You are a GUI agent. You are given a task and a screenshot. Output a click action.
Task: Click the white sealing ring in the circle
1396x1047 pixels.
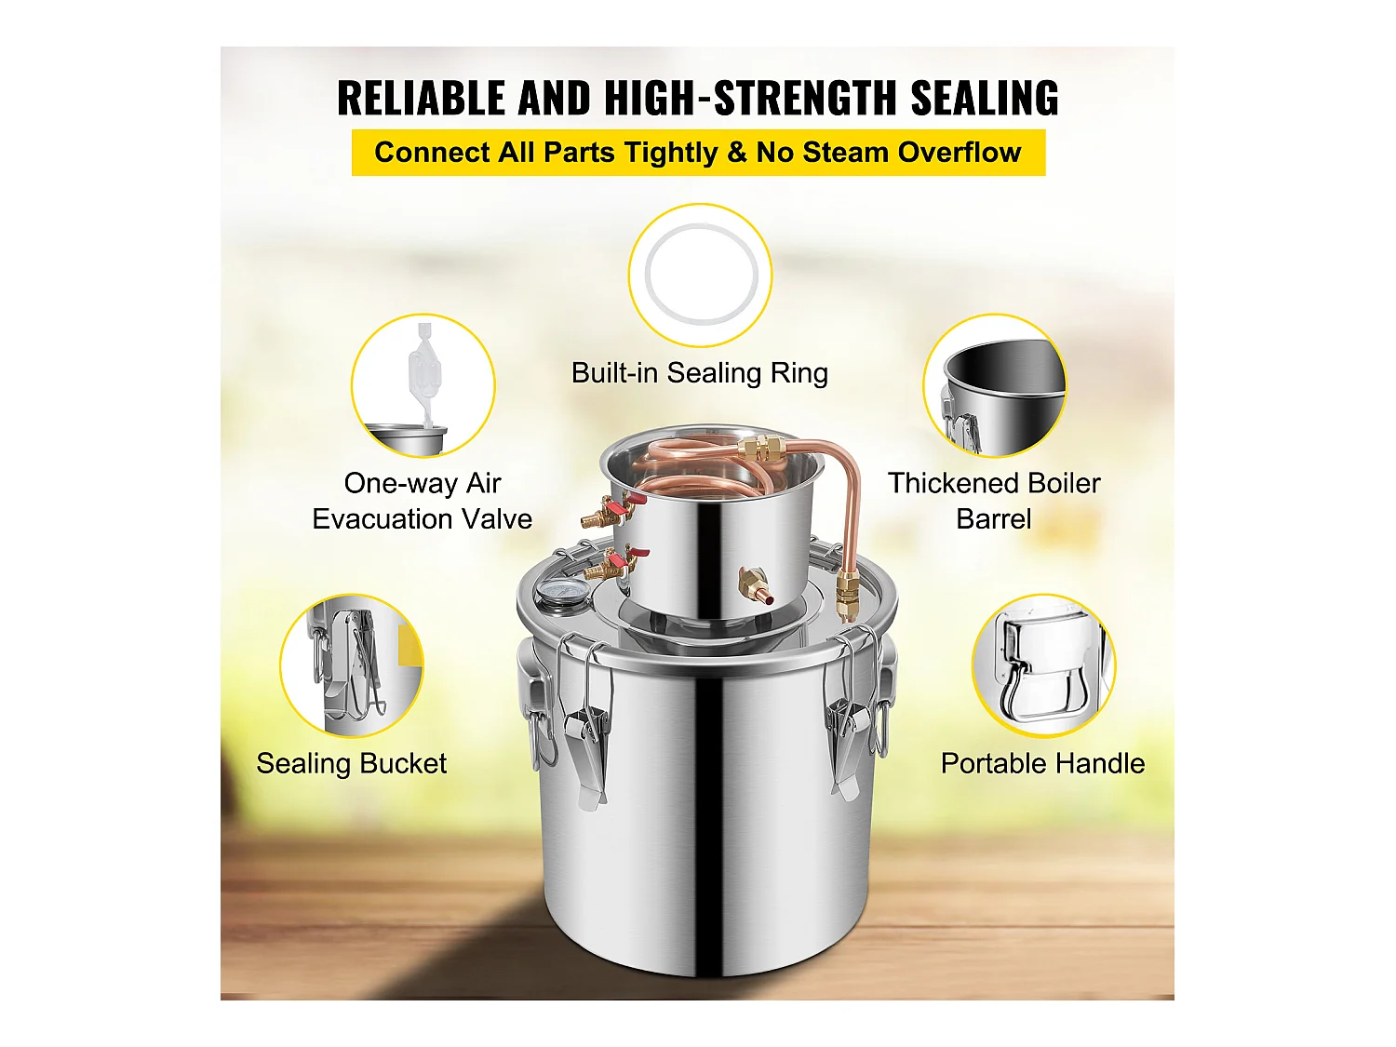[700, 274]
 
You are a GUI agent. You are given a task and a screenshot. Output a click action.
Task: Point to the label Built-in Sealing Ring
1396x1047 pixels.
[699, 373]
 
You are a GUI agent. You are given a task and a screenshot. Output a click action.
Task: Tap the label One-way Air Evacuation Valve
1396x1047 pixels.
[423, 501]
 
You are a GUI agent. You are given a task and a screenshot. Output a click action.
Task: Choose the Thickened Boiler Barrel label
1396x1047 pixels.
[993, 501]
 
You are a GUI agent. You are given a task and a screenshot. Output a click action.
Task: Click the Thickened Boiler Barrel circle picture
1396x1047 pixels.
[994, 385]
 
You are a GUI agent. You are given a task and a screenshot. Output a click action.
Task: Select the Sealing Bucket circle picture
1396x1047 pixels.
[352, 666]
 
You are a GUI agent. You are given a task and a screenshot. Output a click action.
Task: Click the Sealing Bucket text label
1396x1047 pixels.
[351, 764]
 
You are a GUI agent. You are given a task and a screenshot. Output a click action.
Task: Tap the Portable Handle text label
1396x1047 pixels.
[1042, 764]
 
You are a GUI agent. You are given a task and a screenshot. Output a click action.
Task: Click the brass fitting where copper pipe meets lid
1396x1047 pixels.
[847, 596]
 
